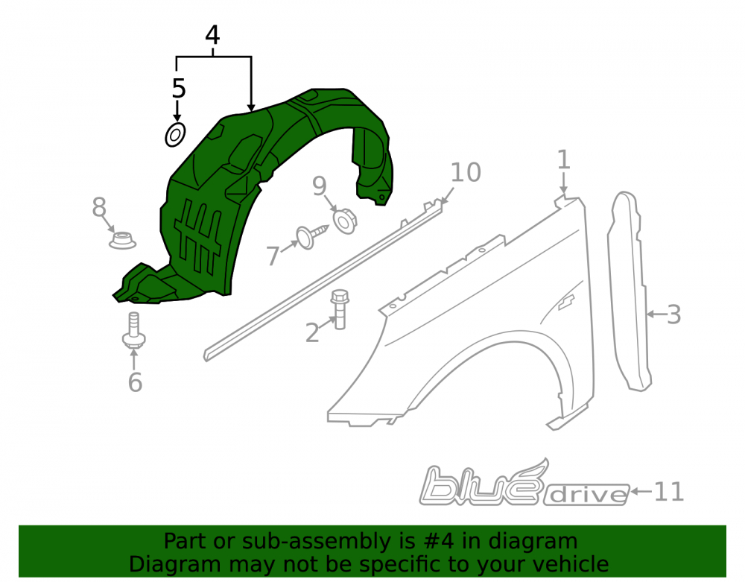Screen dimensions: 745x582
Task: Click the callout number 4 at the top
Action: [212, 36]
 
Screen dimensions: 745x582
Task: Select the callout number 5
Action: [179, 89]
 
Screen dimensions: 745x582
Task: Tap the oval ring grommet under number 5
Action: [175, 135]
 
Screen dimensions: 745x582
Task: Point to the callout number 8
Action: [99, 207]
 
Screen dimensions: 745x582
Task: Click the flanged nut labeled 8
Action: [123, 239]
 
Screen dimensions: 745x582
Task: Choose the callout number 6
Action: [136, 382]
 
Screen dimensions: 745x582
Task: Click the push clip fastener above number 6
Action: [133, 332]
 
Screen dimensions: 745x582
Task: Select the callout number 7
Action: [272, 256]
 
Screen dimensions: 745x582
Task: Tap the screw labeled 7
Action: [312, 235]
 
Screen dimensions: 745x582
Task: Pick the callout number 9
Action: [320, 186]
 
